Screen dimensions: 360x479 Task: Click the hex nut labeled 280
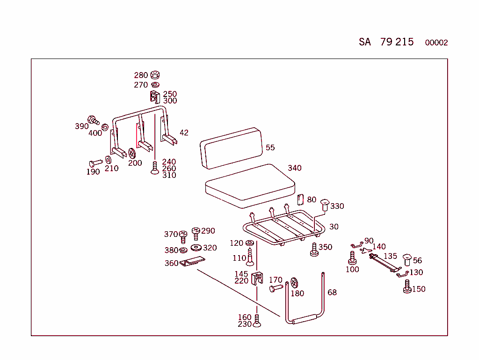pyautogui.click(x=155, y=75)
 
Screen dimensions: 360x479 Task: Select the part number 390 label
pyautogui.click(x=82, y=126)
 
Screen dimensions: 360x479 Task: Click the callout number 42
pyautogui.click(x=184, y=133)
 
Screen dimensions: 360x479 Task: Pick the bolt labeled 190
pyautogui.click(x=95, y=163)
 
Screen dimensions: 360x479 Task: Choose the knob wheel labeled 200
pyautogui.click(x=132, y=153)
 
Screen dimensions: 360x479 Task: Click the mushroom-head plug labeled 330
pyautogui.click(x=325, y=205)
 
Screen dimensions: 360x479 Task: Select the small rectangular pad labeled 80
pyautogui.click(x=301, y=199)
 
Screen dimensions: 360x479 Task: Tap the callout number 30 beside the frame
pyautogui.click(x=334, y=227)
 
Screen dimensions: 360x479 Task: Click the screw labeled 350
pyautogui.click(x=314, y=250)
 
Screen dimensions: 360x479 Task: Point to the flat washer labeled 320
pyautogui.click(x=196, y=248)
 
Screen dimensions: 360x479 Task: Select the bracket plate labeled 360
pyautogui.click(x=192, y=263)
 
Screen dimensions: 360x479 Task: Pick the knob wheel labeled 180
pyautogui.click(x=294, y=283)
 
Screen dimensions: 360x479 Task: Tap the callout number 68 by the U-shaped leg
pyautogui.click(x=332, y=293)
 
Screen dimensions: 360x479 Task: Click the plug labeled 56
pyautogui.click(x=407, y=259)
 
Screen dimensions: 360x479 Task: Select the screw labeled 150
pyautogui.click(x=407, y=287)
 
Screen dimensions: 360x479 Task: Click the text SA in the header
pyautogui.click(x=365, y=42)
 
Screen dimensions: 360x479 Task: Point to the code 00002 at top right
pyautogui.click(x=436, y=43)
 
